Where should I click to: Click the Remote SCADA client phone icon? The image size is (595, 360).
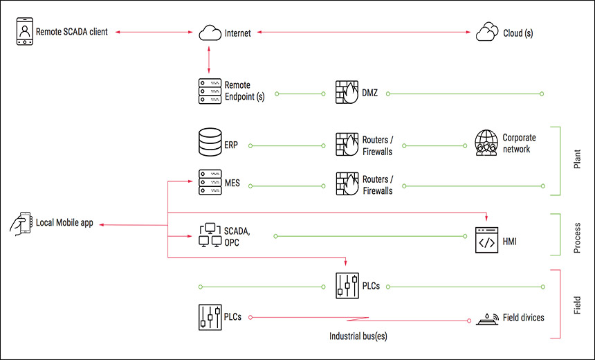pos(24,33)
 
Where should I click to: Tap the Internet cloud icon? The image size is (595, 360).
pos(209,33)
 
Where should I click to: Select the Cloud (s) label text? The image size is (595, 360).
pos(518,33)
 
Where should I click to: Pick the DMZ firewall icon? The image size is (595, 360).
pos(347,91)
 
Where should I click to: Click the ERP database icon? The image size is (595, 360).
pos(209,145)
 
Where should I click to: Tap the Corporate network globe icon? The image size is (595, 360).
pos(486,143)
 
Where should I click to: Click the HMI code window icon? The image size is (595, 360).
pos(486,241)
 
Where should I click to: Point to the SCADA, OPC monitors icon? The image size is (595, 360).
pos(209,235)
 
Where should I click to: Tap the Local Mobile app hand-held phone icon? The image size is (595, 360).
pos(21,224)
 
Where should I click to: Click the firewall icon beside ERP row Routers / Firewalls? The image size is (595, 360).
pos(347,145)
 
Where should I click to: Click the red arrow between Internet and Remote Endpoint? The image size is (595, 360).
pos(209,60)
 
